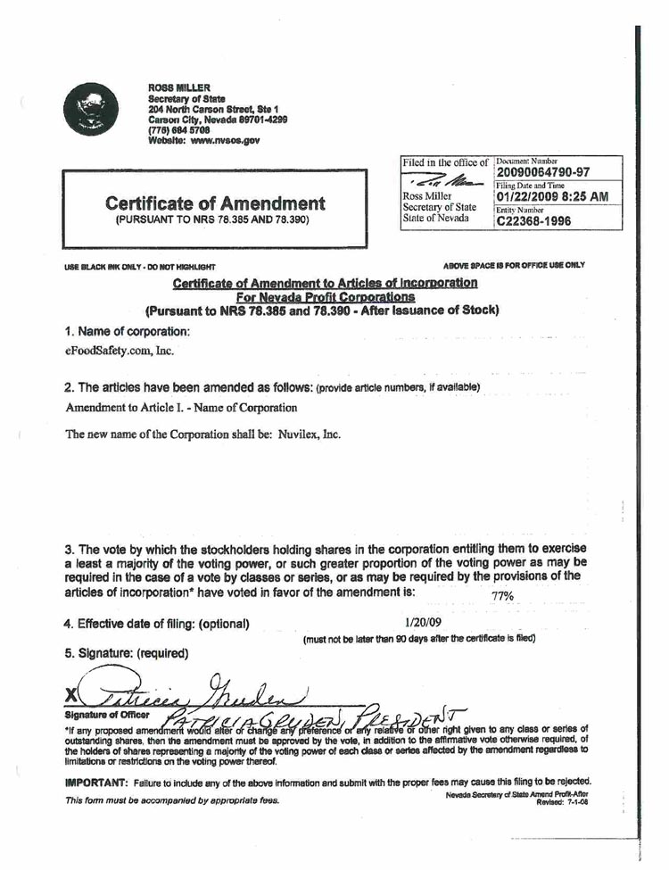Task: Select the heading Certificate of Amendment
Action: pyautogui.click(x=214, y=203)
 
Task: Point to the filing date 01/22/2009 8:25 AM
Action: pyautogui.click(x=552, y=196)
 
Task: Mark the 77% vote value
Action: pyautogui.click(x=502, y=596)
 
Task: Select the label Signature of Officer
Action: pyautogui.click(x=105, y=714)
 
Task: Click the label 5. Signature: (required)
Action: pyautogui.click(x=127, y=652)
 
